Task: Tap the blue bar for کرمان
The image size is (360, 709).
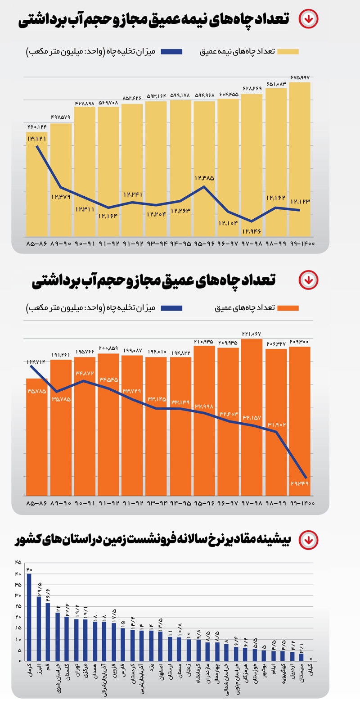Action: (29, 617)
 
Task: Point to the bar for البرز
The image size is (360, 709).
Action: (39, 628)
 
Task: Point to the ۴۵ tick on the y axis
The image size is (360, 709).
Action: (18, 563)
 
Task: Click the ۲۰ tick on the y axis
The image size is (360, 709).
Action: (18, 617)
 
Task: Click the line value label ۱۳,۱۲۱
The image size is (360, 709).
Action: (37, 139)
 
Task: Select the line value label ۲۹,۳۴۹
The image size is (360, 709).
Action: (300, 483)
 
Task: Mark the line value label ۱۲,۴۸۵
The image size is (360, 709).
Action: (204, 178)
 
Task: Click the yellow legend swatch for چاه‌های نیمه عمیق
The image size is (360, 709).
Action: (288, 51)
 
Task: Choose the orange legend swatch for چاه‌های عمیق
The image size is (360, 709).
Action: (288, 308)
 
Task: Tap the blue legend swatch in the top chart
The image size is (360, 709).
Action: (171, 51)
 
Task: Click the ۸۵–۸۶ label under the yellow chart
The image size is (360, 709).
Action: (37, 244)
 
